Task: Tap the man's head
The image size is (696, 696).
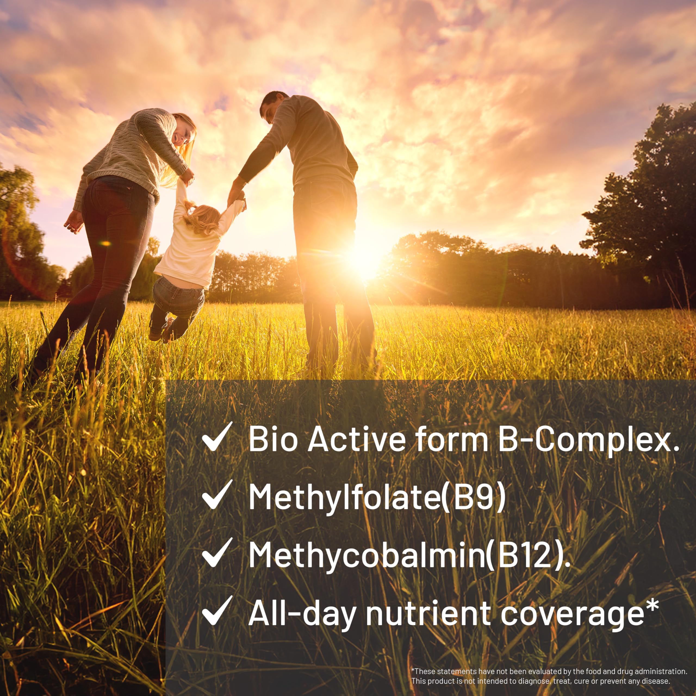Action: click(272, 106)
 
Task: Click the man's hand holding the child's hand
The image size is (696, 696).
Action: click(236, 196)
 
